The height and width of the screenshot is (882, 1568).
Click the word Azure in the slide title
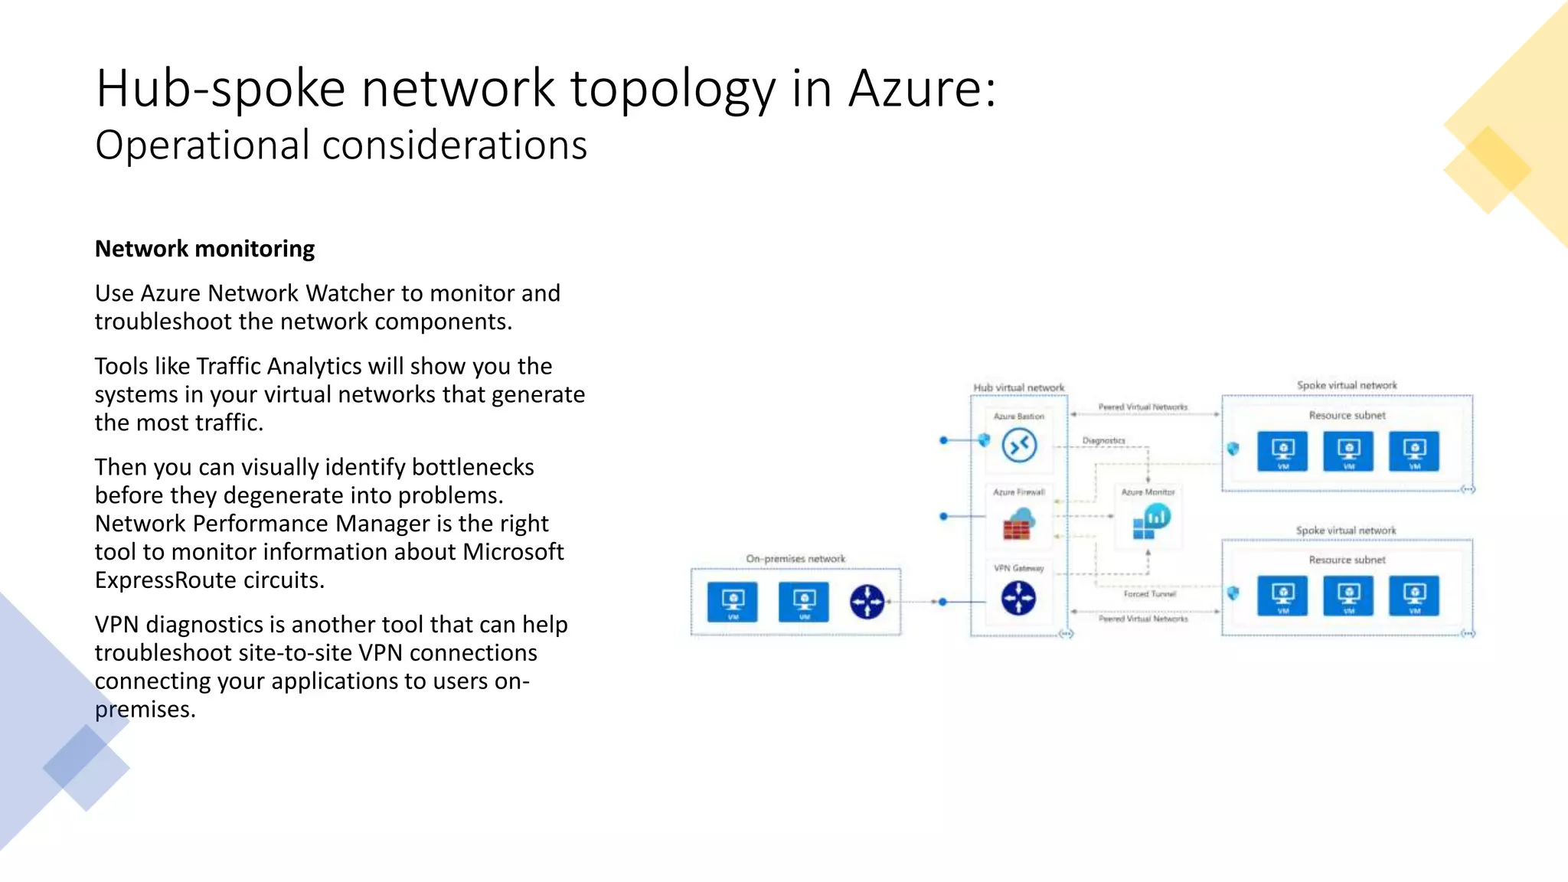921,88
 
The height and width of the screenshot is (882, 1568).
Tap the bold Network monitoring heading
204,249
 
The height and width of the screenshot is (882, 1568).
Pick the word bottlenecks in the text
472,467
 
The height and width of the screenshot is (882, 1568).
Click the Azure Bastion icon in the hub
1019,446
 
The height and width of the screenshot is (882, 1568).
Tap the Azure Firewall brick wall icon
1018,524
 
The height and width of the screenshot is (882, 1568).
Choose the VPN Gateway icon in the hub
1018,598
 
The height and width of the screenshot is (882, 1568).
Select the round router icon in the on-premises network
867,602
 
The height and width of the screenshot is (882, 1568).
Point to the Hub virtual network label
1018,387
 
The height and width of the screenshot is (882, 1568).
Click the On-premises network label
795,559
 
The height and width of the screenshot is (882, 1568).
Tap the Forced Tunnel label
1149,594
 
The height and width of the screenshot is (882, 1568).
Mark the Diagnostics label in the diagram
1103,441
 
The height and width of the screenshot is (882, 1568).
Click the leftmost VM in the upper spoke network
1282,451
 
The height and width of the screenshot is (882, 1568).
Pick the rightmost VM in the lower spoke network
1414,596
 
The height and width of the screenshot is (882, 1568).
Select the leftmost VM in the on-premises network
733,602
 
